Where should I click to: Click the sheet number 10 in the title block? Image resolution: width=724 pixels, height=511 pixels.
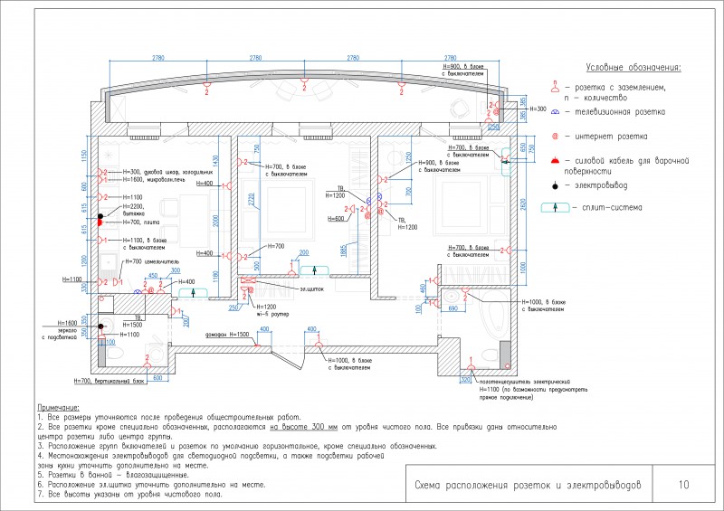[x=682, y=485]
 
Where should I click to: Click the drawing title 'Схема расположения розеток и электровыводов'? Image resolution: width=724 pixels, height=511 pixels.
[x=527, y=485]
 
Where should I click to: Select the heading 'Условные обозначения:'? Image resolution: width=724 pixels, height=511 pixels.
[x=633, y=68]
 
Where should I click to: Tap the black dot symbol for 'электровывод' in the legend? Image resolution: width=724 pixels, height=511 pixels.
[x=555, y=185]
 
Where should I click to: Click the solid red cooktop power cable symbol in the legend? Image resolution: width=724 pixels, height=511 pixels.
[x=555, y=160]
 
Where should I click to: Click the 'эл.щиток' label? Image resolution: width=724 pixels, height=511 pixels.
[x=310, y=289]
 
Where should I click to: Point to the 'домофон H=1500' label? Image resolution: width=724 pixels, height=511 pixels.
[x=225, y=335]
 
